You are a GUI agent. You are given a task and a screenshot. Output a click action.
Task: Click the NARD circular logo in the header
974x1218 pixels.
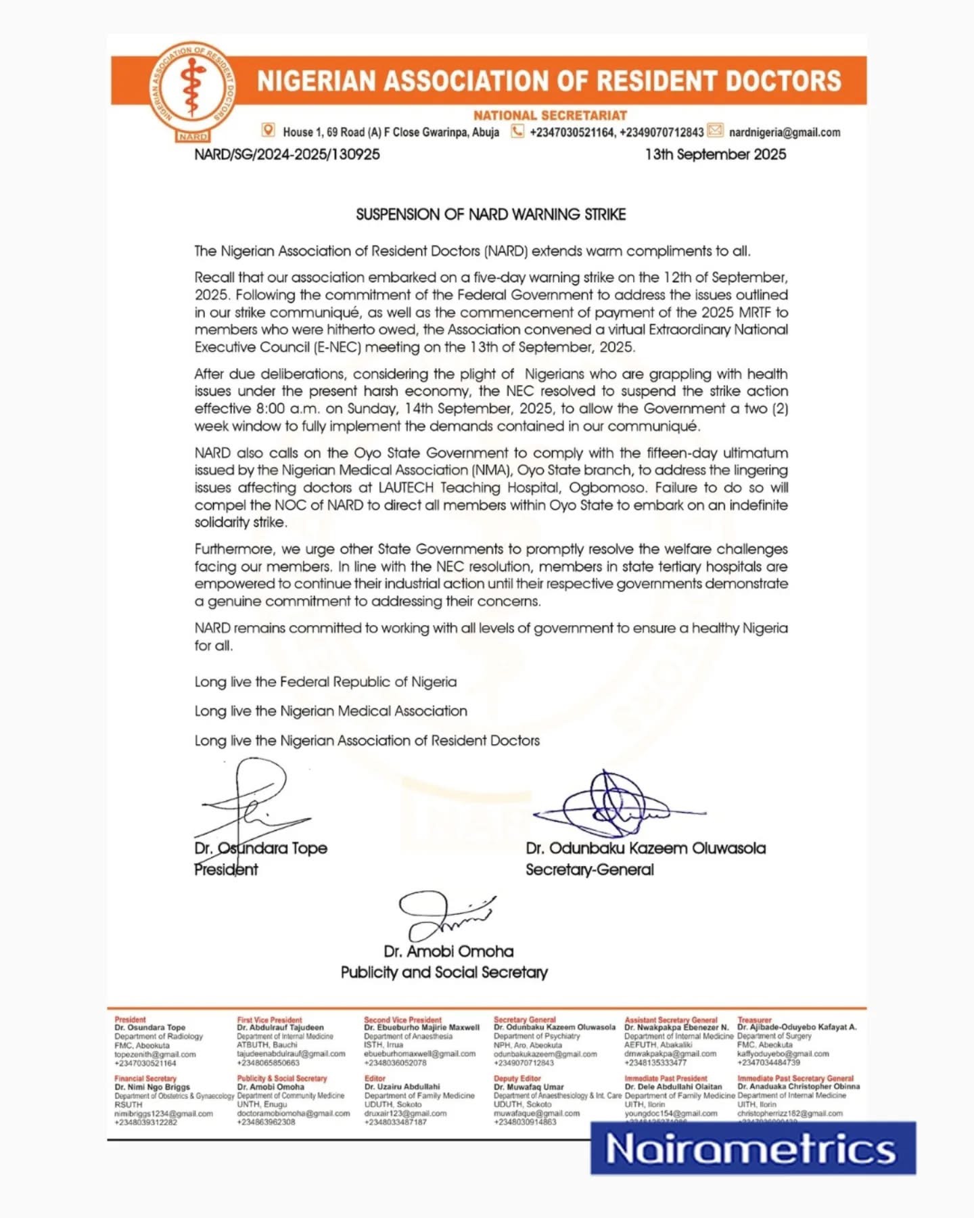click(x=193, y=91)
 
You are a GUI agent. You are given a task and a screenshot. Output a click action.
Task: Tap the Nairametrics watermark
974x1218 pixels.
click(x=752, y=1148)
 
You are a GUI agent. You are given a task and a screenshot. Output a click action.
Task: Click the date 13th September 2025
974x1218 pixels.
click(x=716, y=154)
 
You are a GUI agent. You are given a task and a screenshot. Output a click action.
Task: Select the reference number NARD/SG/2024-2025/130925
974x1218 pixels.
click(x=287, y=154)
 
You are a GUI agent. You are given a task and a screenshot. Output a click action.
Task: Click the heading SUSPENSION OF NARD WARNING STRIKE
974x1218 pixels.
click(x=490, y=215)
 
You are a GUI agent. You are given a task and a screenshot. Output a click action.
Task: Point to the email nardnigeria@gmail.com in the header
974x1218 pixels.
click(x=785, y=133)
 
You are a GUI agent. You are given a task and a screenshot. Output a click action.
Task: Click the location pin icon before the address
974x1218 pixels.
click(x=269, y=131)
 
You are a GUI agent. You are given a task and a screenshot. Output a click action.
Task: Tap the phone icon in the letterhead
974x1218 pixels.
click(x=517, y=131)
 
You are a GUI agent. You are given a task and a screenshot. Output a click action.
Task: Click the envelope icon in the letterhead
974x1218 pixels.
click(x=715, y=131)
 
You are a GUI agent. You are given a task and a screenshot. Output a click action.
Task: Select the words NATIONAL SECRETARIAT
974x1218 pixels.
click(x=550, y=116)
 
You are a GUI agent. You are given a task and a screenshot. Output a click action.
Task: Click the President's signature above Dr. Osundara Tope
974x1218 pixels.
click(x=250, y=802)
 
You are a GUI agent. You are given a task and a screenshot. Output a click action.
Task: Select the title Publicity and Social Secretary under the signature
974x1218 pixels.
click(x=444, y=972)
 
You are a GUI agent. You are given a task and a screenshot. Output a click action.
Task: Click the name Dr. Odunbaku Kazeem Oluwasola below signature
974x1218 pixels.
click(x=645, y=849)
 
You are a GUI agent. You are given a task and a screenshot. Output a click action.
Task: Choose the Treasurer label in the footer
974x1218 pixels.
click(x=754, y=1020)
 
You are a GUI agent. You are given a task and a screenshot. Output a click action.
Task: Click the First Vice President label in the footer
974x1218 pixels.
click(x=269, y=1020)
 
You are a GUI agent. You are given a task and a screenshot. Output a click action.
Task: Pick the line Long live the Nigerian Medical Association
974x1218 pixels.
click(x=331, y=711)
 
